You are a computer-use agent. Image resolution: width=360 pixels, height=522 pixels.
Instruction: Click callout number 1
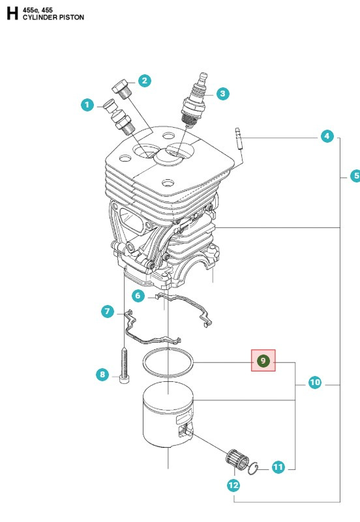coord(86,104)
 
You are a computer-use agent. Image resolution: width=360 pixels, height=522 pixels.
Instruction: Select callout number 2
coord(144,81)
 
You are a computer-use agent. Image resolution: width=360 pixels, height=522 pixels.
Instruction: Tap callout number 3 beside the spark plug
coord(222,94)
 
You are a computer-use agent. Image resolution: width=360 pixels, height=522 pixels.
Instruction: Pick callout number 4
coord(327,137)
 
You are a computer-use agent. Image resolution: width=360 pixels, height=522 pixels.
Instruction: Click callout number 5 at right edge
coord(355,176)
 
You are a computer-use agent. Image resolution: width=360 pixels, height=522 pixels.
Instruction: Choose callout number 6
coord(138,295)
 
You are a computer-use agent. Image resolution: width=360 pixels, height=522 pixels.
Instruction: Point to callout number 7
coord(108,312)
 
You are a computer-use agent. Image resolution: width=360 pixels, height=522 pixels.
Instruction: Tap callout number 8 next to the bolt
coord(102,374)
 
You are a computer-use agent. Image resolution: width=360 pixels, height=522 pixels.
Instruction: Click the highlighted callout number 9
coord(264,360)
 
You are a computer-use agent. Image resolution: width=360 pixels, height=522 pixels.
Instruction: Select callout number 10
coord(314,383)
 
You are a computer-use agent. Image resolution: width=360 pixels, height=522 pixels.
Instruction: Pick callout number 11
coord(278,467)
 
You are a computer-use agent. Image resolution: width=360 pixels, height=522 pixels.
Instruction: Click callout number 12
coord(233,485)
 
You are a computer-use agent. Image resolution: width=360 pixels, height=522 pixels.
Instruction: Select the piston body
coord(167,416)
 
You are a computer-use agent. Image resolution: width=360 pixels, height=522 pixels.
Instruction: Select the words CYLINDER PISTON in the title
coord(53,17)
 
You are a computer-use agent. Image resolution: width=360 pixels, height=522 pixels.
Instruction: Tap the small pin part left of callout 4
coord(239,139)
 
